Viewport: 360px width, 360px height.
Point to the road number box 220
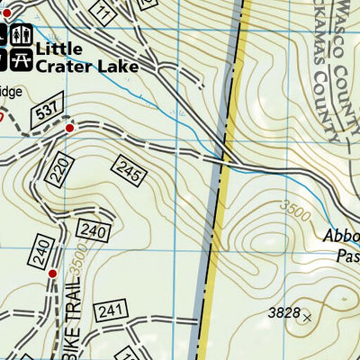(x=59, y=170)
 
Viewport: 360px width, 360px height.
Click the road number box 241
(x=110, y=311)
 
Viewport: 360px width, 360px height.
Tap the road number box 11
(x=104, y=13)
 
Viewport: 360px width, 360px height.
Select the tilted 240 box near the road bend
(x=93, y=230)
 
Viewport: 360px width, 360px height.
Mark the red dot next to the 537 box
(x=70, y=128)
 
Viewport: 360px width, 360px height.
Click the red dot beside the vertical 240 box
(x=52, y=273)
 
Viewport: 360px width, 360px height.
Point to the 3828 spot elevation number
(x=283, y=312)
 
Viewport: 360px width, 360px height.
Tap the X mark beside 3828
(x=307, y=317)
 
